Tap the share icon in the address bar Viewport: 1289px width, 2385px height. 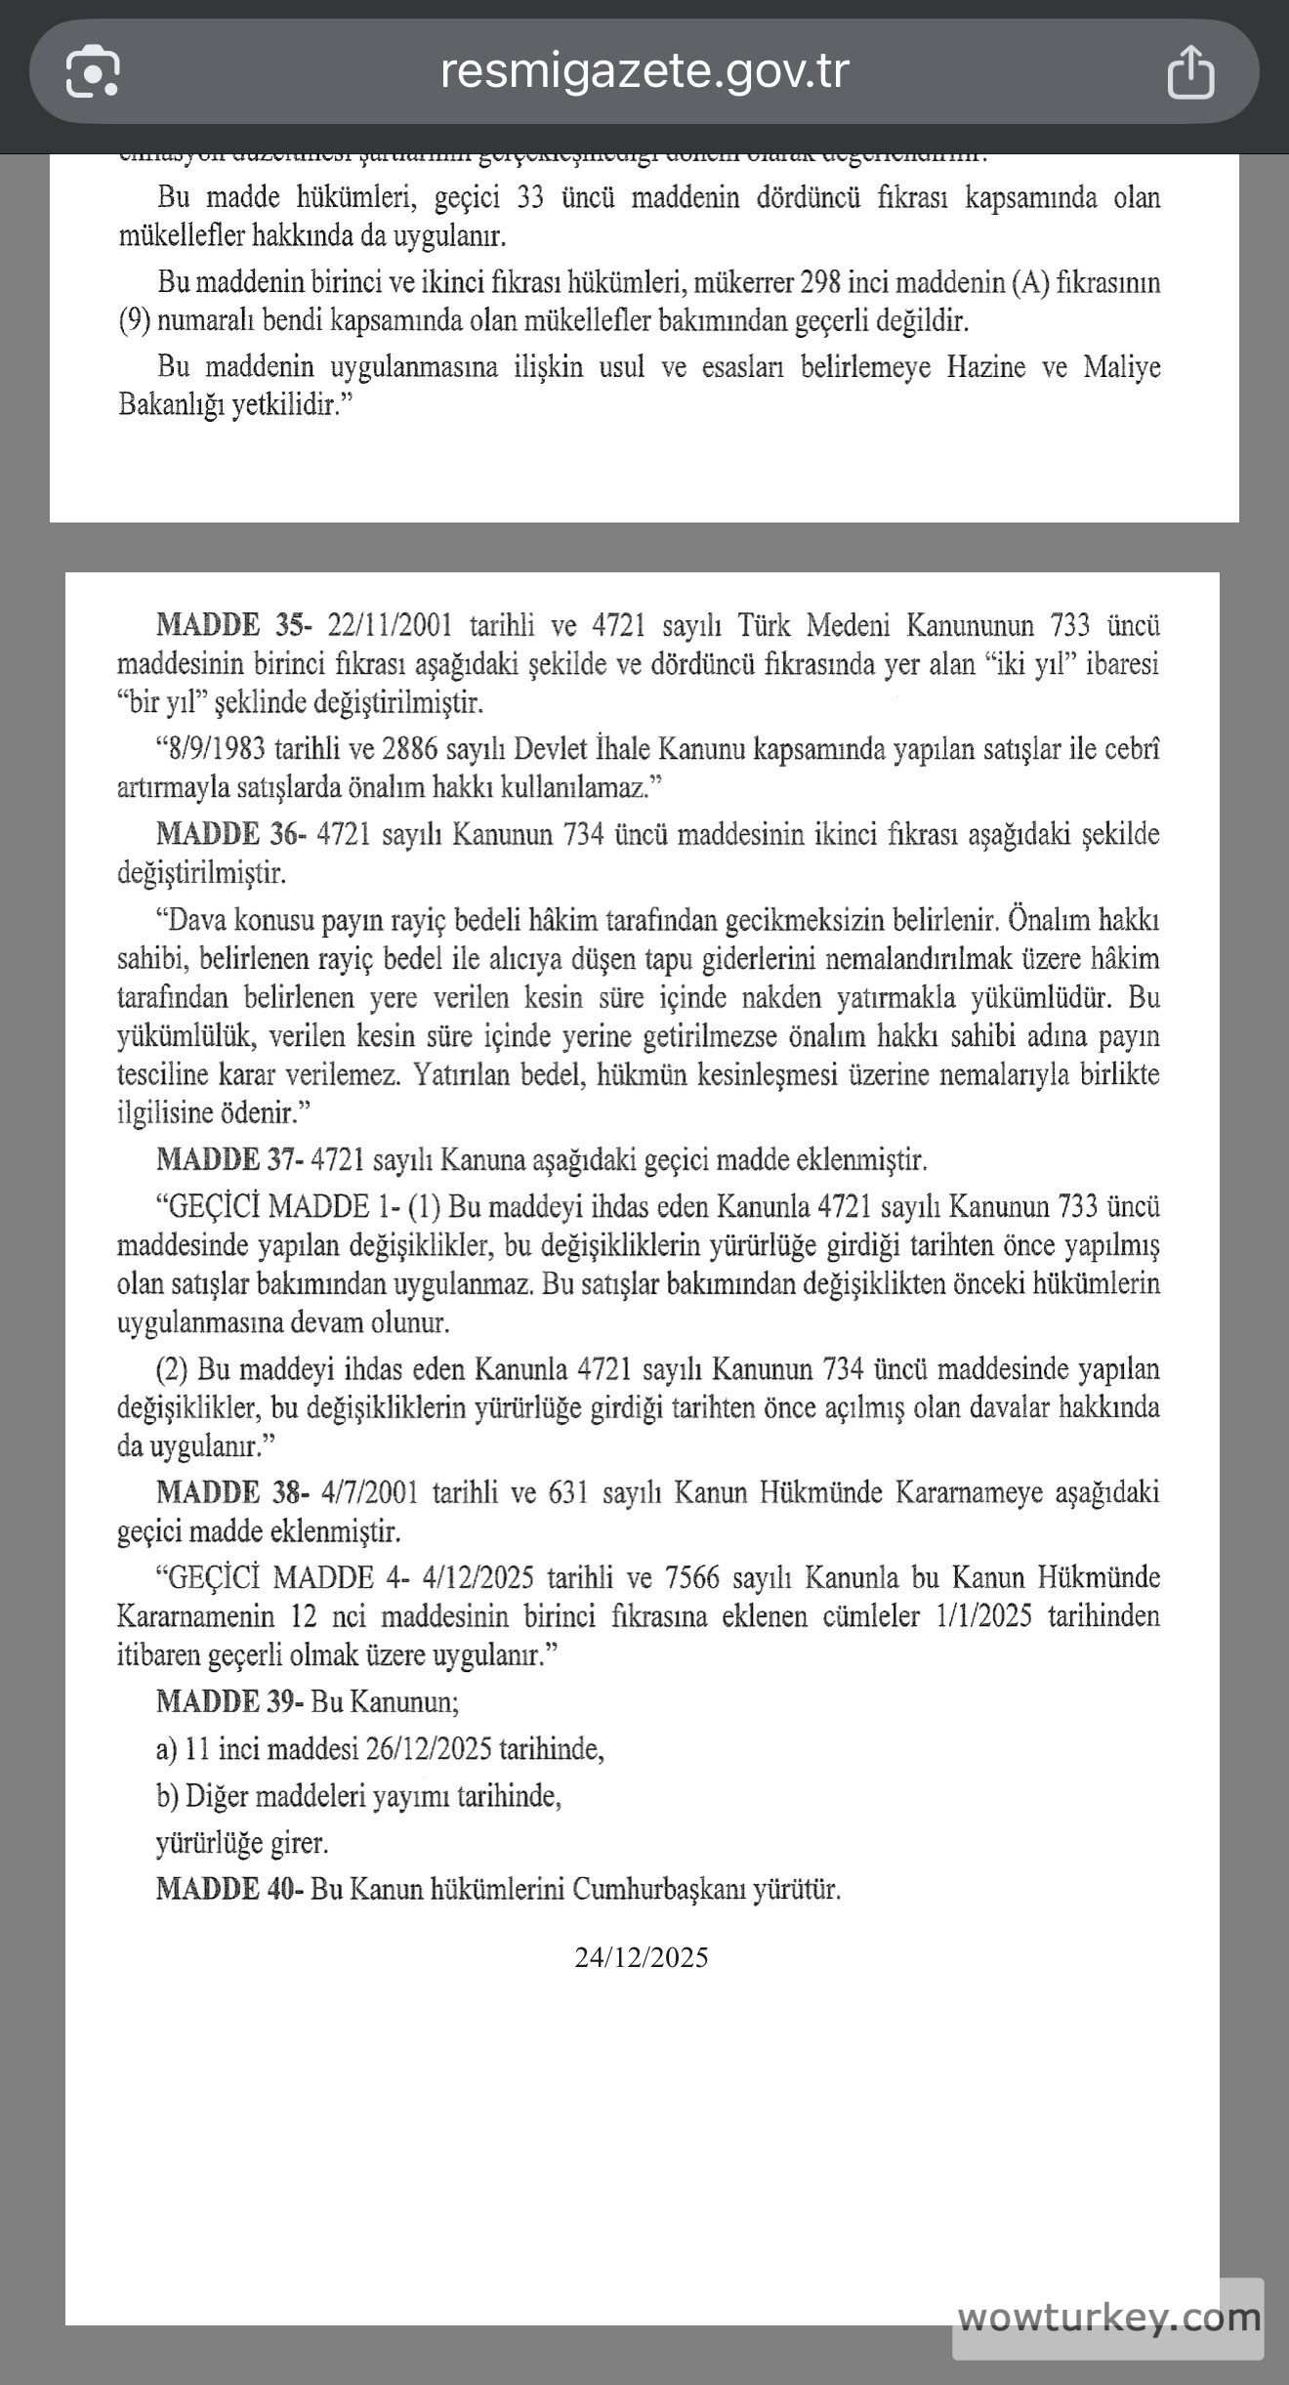[1190, 71]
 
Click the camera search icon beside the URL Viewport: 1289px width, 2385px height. [93, 71]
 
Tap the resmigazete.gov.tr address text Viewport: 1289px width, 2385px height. [644, 70]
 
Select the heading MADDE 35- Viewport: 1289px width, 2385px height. [233, 625]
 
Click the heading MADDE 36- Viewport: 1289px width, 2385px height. [231, 835]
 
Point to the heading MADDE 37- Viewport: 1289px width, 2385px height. [231, 1160]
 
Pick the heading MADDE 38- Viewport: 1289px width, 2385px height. [232, 1492]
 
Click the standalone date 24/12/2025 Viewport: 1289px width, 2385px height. [642, 1957]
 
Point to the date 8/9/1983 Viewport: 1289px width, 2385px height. [217, 749]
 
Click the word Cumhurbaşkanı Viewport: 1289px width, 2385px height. [658, 1889]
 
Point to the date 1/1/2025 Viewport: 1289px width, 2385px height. [983, 1616]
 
